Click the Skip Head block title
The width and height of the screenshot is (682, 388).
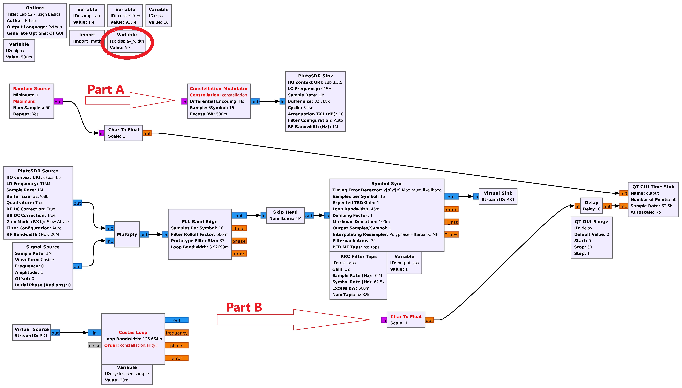pyautogui.click(x=285, y=212)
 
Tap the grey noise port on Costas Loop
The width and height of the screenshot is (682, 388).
pyautogui.click(x=94, y=346)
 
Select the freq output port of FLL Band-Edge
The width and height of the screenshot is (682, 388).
pyautogui.click(x=239, y=228)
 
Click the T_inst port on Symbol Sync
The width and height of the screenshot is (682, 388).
pyautogui.click(x=451, y=222)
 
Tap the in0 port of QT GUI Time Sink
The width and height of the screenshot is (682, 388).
pyautogui.click(x=623, y=193)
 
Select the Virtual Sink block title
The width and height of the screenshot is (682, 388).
pyautogui.click(x=498, y=193)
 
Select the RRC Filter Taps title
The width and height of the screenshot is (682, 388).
pyautogui.click(x=358, y=256)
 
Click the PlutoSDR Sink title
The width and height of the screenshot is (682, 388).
pyautogui.click(x=315, y=76)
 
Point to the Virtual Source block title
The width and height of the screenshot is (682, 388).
pyautogui.click(x=31, y=329)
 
